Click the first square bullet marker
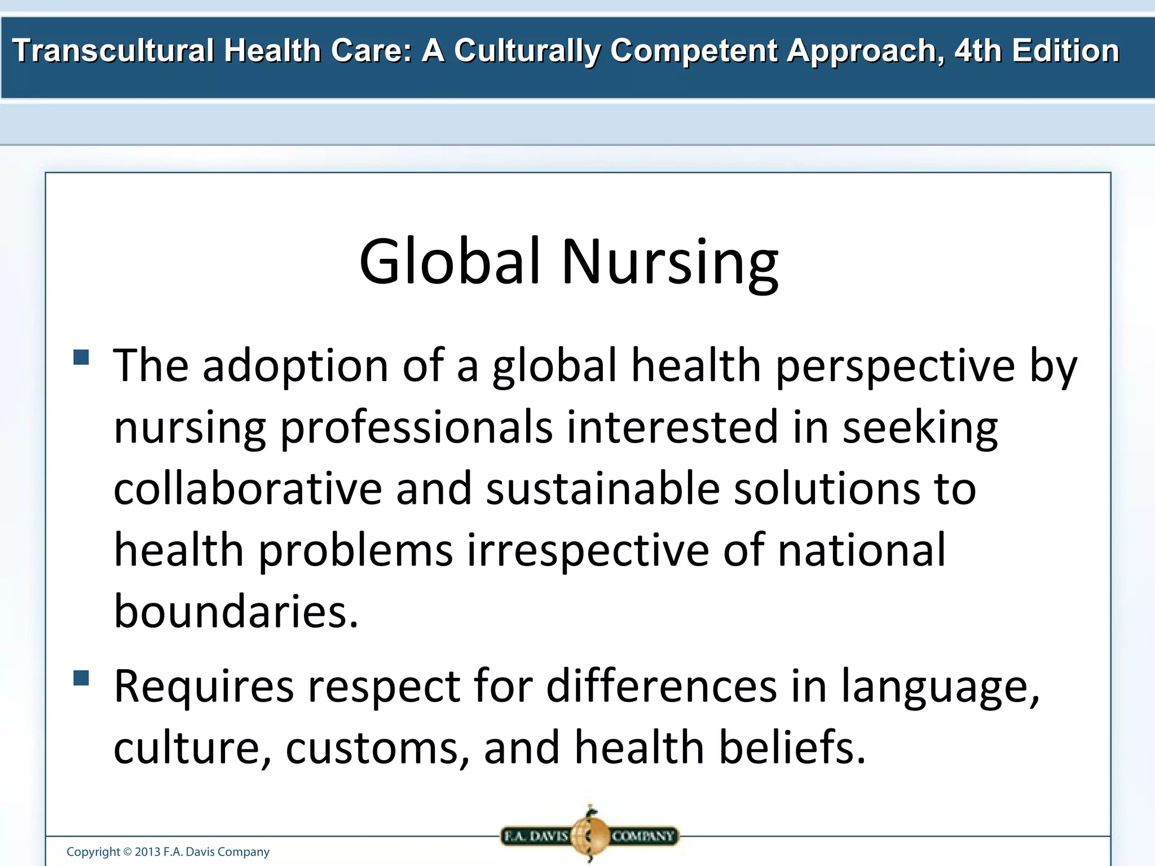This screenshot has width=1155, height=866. click(81, 357)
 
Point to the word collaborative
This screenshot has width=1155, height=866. click(248, 488)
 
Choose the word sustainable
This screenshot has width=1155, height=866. click(603, 488)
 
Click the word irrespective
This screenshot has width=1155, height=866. click(588, 550)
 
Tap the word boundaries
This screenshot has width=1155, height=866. click(236, 611)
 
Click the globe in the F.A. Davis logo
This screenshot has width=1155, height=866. click(589, 836)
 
